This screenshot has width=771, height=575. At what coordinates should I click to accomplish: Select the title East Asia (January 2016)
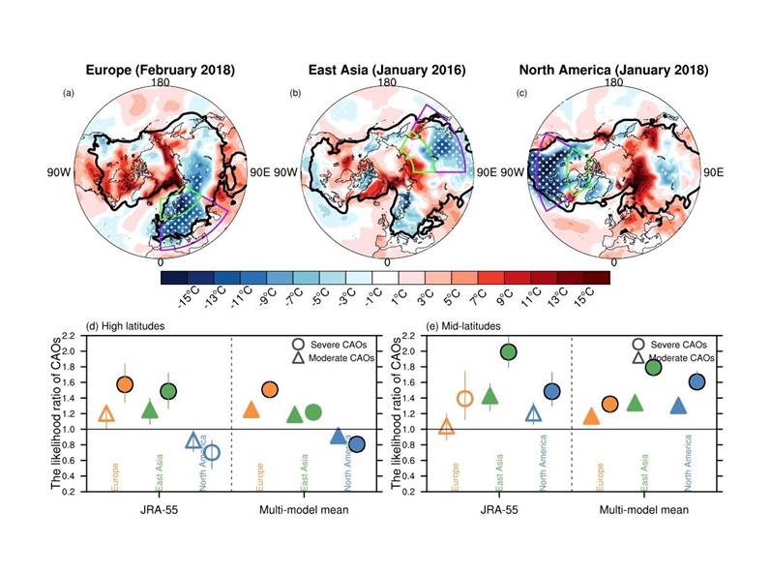point(387,71)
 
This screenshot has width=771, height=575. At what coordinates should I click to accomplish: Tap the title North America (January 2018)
point(613,71)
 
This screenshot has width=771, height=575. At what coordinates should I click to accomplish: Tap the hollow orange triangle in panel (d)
point(107,415)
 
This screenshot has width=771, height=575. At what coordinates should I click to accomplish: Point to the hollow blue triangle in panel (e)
point(533,413)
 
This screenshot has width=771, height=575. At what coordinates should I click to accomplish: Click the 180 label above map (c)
point(613,83)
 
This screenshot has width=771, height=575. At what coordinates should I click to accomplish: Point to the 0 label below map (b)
point(387,262)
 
